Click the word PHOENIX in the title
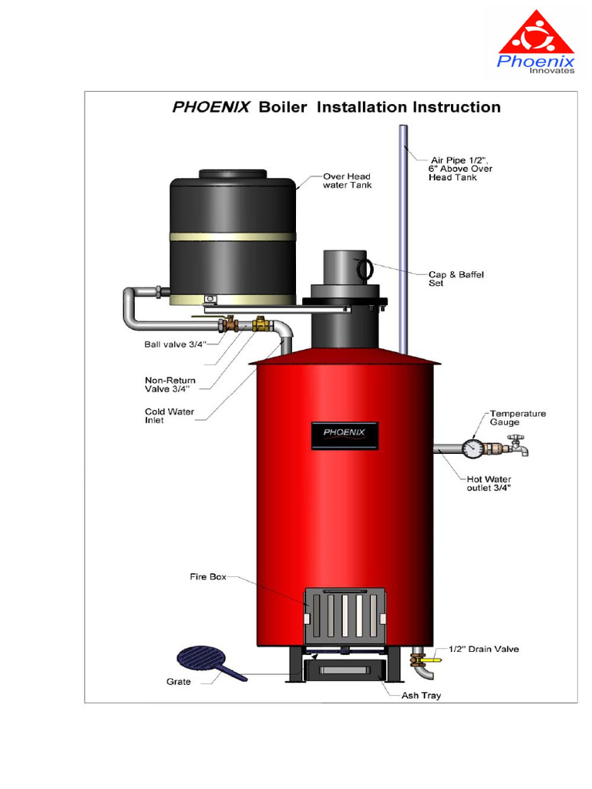tap(210, 107)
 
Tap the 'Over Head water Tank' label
tap(347, 180)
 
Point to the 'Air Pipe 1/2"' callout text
tap(461, 168)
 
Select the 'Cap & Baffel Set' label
tap(456, 278)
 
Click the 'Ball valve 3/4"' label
tap(175, 344)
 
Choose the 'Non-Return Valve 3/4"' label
tap(170, 384)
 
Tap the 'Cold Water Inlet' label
tap(170, 416)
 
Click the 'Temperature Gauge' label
tap(517, 418)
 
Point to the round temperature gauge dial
tap(472, 448)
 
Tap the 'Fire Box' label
tap(208, 576)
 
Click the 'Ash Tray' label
tap(421, 695)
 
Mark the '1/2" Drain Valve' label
tap(483, 649)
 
